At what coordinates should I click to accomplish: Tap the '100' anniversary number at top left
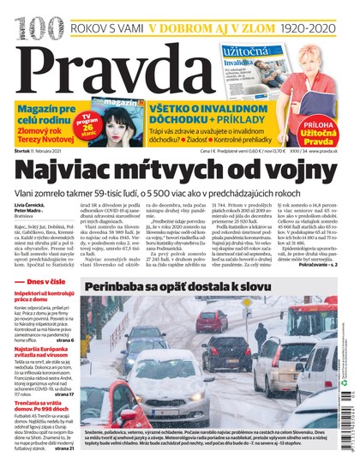(22, 16)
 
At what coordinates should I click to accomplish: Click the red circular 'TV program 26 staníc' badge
(87, 116)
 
